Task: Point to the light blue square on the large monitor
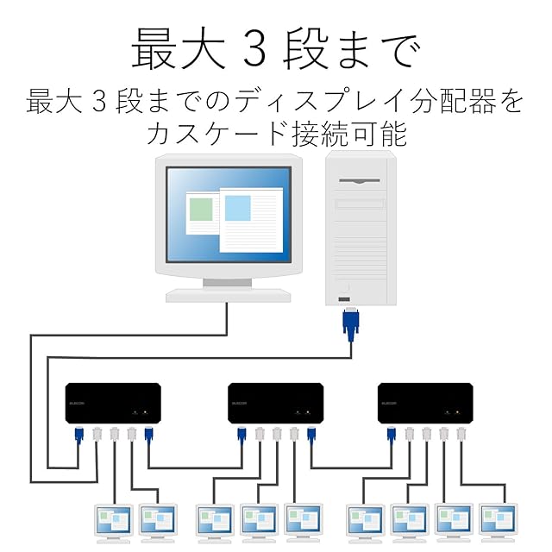(237, 208)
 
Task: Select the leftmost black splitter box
(113, 403)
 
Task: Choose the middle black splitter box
(275, 403)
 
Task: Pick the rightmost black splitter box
(425, 403)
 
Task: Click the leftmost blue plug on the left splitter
(79, 436)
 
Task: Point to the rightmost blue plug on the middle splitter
(311, 436)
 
